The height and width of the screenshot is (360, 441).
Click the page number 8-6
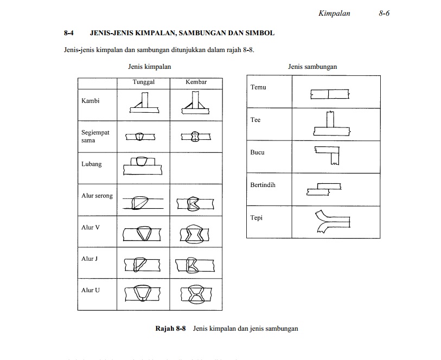(384, 14)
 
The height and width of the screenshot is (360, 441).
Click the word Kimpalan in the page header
(334, 14)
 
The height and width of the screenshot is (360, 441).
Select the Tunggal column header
(144, 82)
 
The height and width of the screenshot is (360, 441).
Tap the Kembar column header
(196, 82)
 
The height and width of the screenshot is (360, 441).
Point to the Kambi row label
(90, 101)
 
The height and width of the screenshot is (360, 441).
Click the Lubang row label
(91, 164)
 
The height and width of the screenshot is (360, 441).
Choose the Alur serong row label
(97, 196)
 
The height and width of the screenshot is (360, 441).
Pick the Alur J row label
(90, 259)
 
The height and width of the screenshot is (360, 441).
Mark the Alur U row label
(91, 290)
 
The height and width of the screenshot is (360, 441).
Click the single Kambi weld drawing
(144, 103)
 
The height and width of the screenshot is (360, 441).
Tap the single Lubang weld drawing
(144, 165)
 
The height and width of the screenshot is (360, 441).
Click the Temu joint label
(258, 87)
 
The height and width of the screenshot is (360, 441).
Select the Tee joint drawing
(331, 124)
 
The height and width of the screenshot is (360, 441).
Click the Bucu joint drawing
(327, 156)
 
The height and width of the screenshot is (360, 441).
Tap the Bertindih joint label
(263, 185)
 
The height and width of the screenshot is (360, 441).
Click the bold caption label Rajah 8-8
(171, 329)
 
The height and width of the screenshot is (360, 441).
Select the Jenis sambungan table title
(312, 67)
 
